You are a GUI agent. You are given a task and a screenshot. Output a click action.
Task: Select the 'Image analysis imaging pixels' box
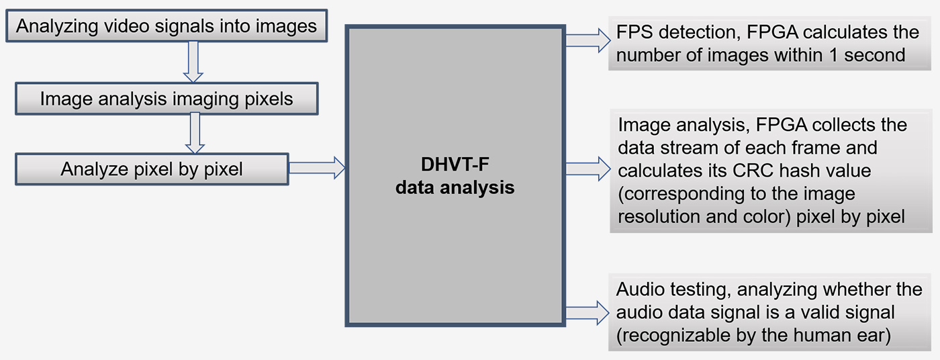[166, 99]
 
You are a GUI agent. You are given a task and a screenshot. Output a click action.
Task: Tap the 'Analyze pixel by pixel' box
[152, 169]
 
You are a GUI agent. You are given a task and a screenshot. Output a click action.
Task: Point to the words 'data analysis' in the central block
[455, 187]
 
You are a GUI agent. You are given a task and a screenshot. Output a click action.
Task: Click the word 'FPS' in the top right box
[633, 32]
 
